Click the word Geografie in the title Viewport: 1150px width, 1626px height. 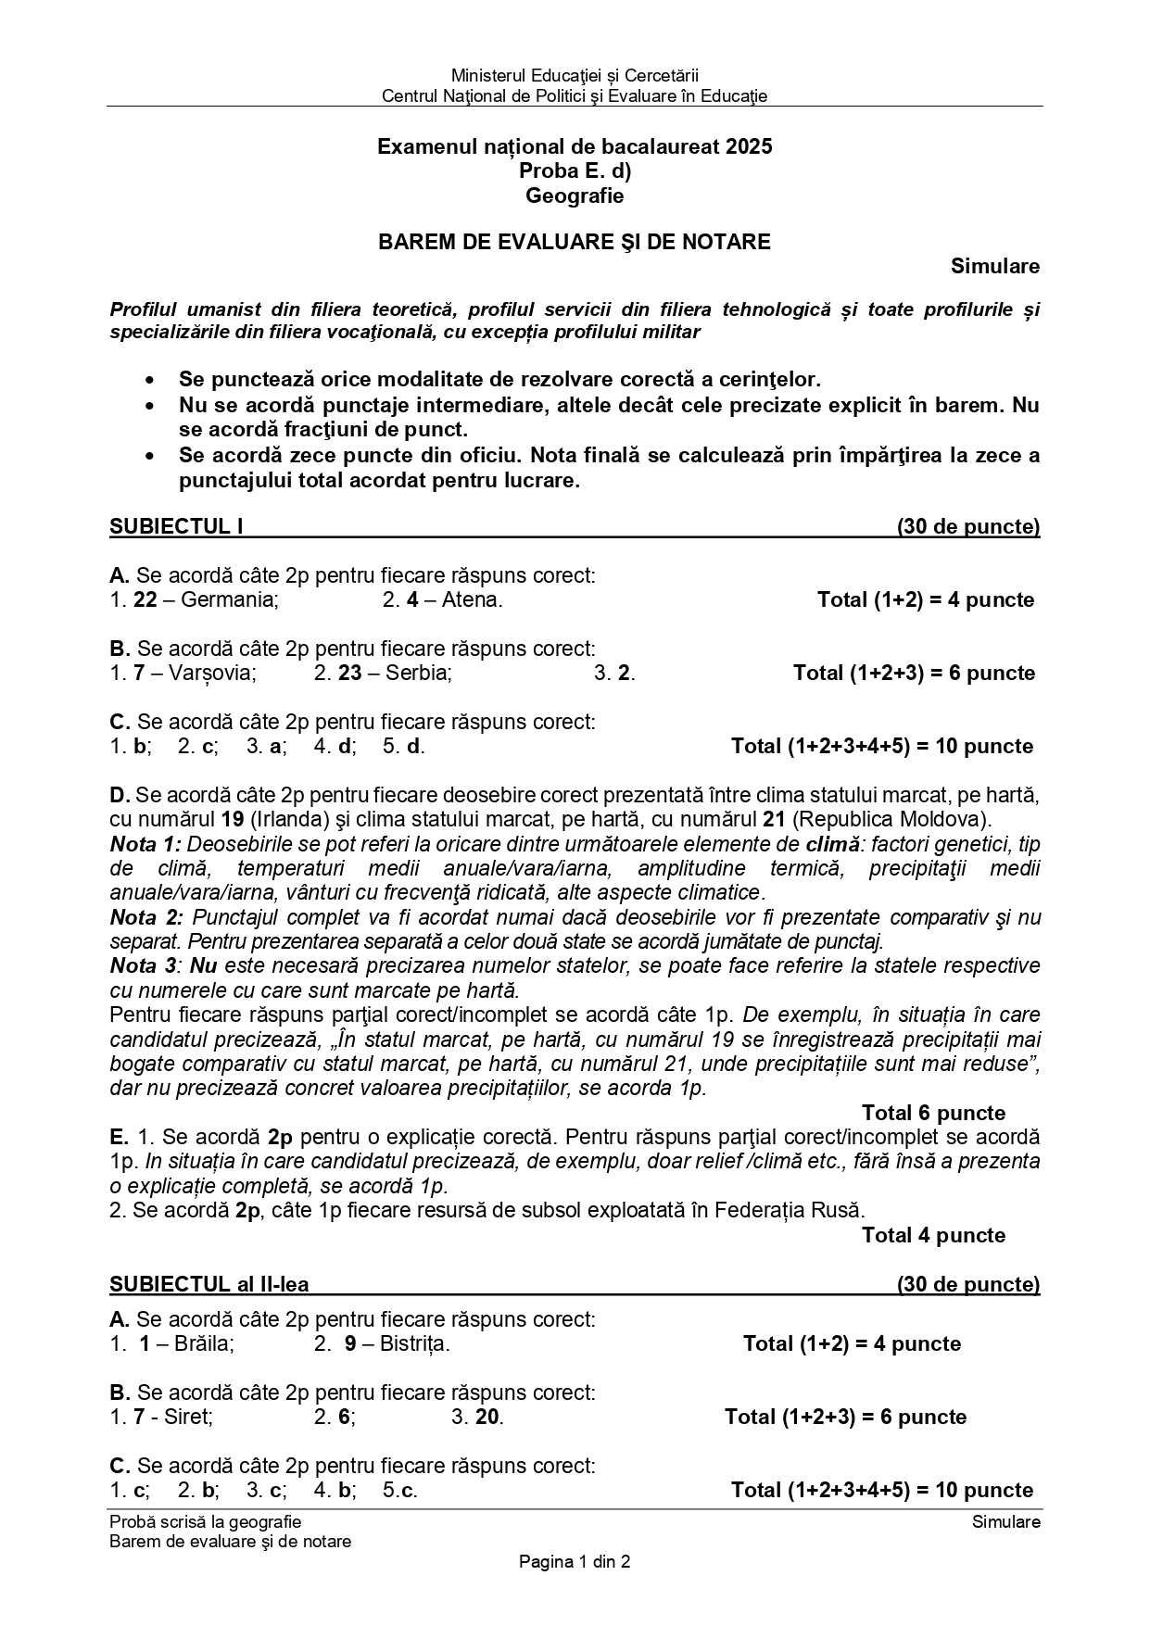(575, 195)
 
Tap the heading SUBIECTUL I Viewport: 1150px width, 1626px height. (176, 527)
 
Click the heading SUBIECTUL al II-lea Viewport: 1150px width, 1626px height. (209, 1284)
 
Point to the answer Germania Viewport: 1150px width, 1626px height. (229, 599)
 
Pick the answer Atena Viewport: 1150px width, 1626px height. (472, 599)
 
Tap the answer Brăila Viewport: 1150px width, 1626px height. (204, 1343)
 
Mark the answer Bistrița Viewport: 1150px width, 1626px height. (414, 1343)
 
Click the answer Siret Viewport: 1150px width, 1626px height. (188, 1417)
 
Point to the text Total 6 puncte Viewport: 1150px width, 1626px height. (933, 1113)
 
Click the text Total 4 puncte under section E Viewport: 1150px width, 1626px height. (933, 1235)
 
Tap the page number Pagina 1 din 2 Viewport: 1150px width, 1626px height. (575, 1562)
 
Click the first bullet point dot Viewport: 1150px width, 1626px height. (150, 380)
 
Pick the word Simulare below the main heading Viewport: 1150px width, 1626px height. (995, 267)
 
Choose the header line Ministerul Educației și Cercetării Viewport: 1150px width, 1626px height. (575, 75)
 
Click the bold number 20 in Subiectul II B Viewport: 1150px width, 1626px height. (488, 1417)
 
